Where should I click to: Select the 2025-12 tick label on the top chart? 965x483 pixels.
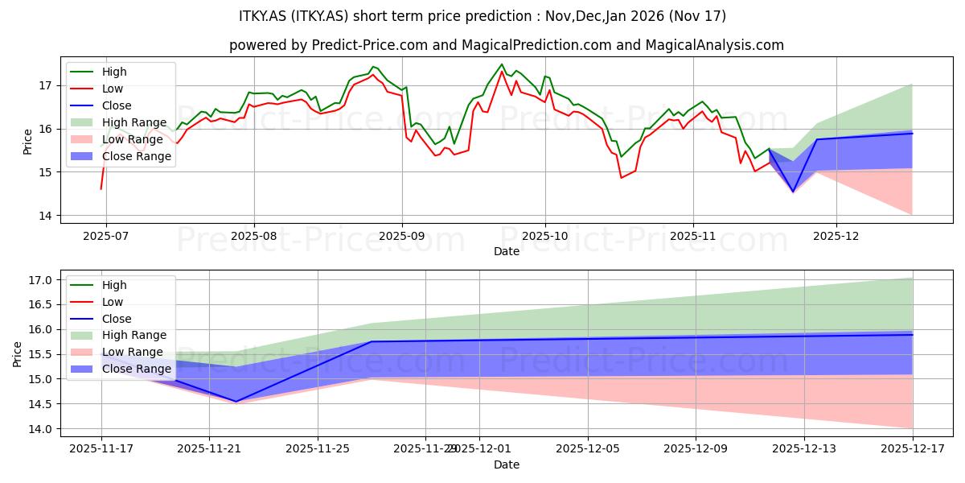(x=836, y=236)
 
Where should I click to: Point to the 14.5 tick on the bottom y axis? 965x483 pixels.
(x=42, y=404)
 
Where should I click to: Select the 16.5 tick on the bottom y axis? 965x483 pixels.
(x=42, y=305)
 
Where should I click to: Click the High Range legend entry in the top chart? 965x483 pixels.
(x=134, y=122)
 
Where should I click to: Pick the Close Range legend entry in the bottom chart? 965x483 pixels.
(x=135, y=369)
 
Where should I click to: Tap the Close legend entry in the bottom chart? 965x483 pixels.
(x=117, y=319)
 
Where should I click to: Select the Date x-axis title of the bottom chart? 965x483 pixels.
(x=507, y=464)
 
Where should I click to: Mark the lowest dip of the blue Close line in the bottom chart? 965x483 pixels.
(x=236, y=401)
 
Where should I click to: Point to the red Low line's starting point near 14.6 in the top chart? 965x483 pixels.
(x=101, y=188)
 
